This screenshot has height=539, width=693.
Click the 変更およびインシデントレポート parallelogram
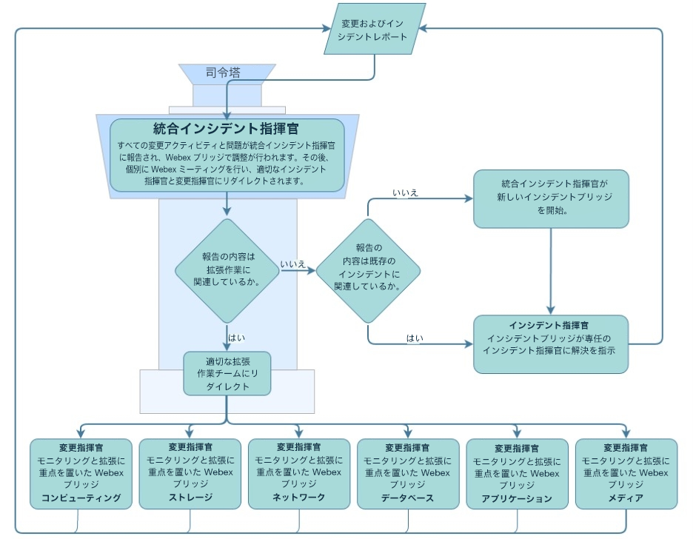click(x=375, y=29)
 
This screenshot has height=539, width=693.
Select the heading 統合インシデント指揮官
click(x=227, y=127)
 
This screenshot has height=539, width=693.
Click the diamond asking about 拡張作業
click(x=227, y=271)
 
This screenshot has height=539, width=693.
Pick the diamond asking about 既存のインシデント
click(x=368, y=271)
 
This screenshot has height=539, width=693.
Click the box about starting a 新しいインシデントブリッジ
click(x=551, y=198)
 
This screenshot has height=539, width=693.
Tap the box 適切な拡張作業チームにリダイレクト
click(x=227, y=374)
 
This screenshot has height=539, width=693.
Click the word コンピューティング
click(x=81, y=498)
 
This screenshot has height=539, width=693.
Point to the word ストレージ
click(x=190, y=498)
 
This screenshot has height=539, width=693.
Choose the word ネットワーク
click(x=298, y=498)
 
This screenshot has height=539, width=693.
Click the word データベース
click(x=407, y=498)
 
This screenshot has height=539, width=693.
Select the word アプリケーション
click(x=517, y=498)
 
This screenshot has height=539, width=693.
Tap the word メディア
click(x=626, y=498)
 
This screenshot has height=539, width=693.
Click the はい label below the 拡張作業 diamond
click(x=237, y=338)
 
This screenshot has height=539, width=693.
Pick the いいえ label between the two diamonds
click(x=294, y=263)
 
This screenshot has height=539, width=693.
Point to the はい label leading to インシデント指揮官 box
click(x=415, y=338)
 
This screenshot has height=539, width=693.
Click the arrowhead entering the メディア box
click(x=626, y=433)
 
